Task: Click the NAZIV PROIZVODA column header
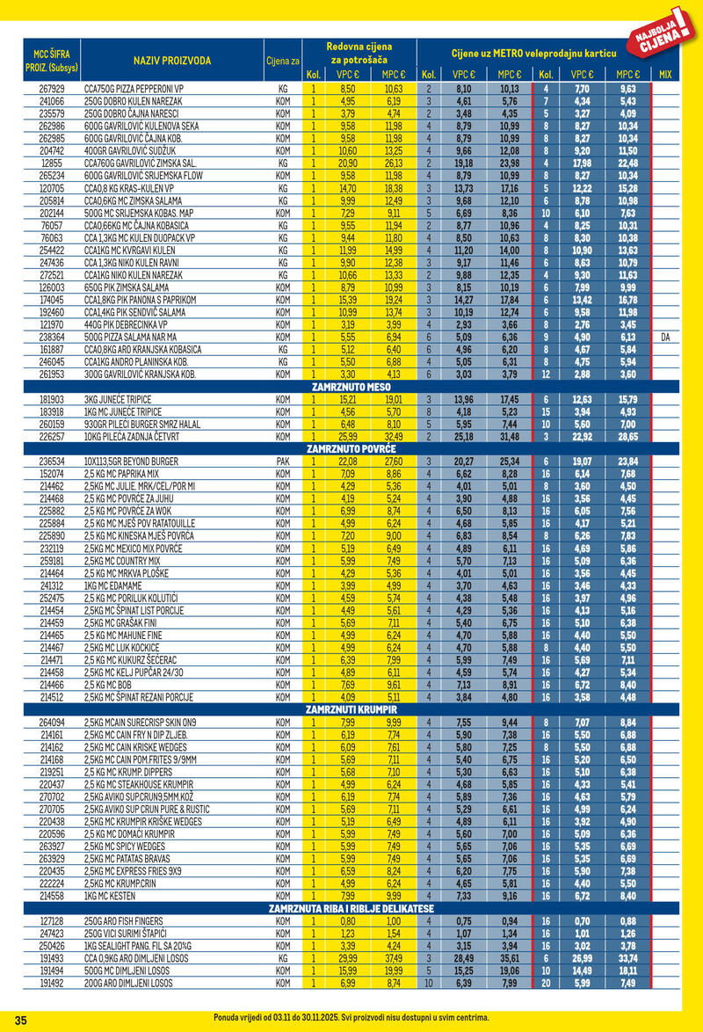pyautogui.click(x=172, y=61)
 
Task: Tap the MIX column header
pyautogui.click(x=664, y=75)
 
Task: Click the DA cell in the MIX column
pyautogui.click(x=664, y=337)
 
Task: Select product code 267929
pyautogui.click(x=52, y=90)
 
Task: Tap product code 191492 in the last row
pyautogui.click(x=52, y=983)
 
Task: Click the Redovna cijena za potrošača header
pyautogui.click(x=359, y=52)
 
